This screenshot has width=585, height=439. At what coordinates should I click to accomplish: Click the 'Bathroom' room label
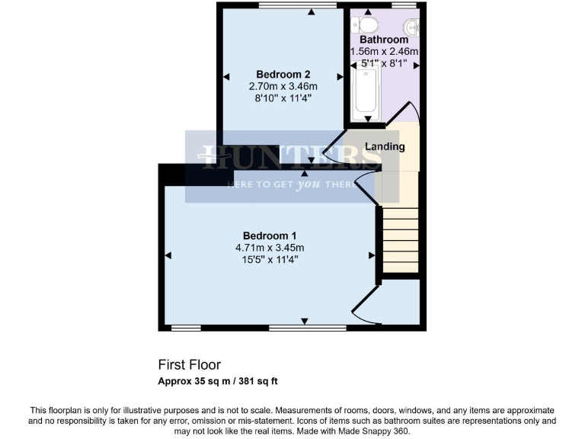[384, 40]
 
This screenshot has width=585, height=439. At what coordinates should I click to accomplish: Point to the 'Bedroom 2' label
[283, 74]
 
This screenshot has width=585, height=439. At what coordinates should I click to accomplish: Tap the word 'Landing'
[385, 146]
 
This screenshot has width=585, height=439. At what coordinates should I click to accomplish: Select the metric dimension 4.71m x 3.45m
[270, 248]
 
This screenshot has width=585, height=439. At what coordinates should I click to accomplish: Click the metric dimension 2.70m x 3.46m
[283, 86]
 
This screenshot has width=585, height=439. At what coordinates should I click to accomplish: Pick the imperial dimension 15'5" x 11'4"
[270, 260]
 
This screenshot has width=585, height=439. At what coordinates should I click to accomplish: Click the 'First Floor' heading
[189, 365]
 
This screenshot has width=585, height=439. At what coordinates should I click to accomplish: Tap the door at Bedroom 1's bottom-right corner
[365, 308]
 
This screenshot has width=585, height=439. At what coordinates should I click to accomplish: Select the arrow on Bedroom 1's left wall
[168, 255]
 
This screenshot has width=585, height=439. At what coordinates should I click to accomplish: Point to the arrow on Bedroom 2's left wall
[226, 75]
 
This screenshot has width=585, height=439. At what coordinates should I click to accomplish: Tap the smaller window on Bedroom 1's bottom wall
[186, 328]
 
